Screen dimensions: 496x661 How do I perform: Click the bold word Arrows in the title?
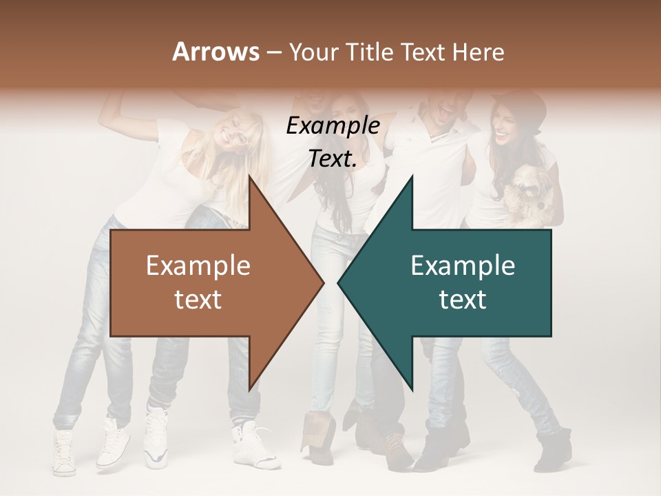tap(215, 52)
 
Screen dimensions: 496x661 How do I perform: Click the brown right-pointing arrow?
tap(207, 282)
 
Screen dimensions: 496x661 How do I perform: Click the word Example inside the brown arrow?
tap(198, 266)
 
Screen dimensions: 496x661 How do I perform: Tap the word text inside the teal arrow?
tap(463, 299)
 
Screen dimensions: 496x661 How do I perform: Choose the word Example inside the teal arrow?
tap(463, 266)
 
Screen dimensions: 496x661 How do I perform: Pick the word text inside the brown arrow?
tap(198, 299)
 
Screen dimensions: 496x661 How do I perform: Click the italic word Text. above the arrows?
tap(333, 159)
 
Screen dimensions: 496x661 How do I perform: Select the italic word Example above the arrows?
tap(333, 127)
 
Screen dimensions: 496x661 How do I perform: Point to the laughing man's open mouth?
tap(448, 110)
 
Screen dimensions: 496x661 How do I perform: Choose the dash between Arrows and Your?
tap(273, 53)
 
